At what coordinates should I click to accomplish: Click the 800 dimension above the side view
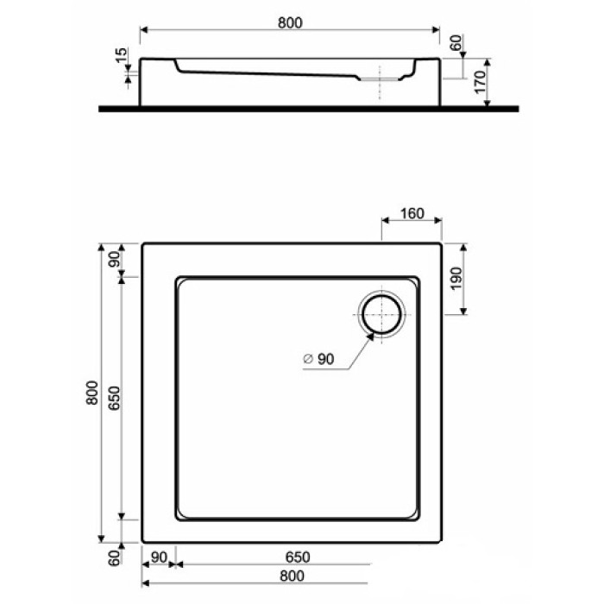291,22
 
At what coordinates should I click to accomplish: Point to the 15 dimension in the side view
122,57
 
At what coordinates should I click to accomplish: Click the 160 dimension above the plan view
412,214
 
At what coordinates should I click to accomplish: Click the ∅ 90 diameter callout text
318,361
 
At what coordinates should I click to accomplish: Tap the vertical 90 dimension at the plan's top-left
113,260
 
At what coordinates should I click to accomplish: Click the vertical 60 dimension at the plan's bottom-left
113,559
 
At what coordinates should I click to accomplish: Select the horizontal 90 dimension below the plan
158,557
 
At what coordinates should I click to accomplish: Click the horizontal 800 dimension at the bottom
293,576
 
